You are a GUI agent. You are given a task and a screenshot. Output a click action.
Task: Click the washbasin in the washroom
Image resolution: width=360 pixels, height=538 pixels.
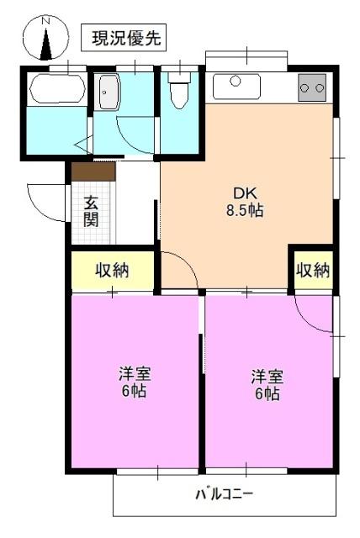[x=109, y=92]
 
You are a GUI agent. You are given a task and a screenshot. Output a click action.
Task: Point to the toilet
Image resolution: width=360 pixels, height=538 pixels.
[x=179, y=92]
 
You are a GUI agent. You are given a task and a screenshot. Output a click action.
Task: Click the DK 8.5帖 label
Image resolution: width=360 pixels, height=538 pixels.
[x=244, y=202]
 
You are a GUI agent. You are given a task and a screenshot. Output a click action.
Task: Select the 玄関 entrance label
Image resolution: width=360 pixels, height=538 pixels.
[x=91, y=211]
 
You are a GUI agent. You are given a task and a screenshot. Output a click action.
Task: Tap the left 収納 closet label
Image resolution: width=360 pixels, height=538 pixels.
[x=112, y=271]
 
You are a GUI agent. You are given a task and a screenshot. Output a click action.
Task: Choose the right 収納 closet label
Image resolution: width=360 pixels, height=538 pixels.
[x=312, y=271]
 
